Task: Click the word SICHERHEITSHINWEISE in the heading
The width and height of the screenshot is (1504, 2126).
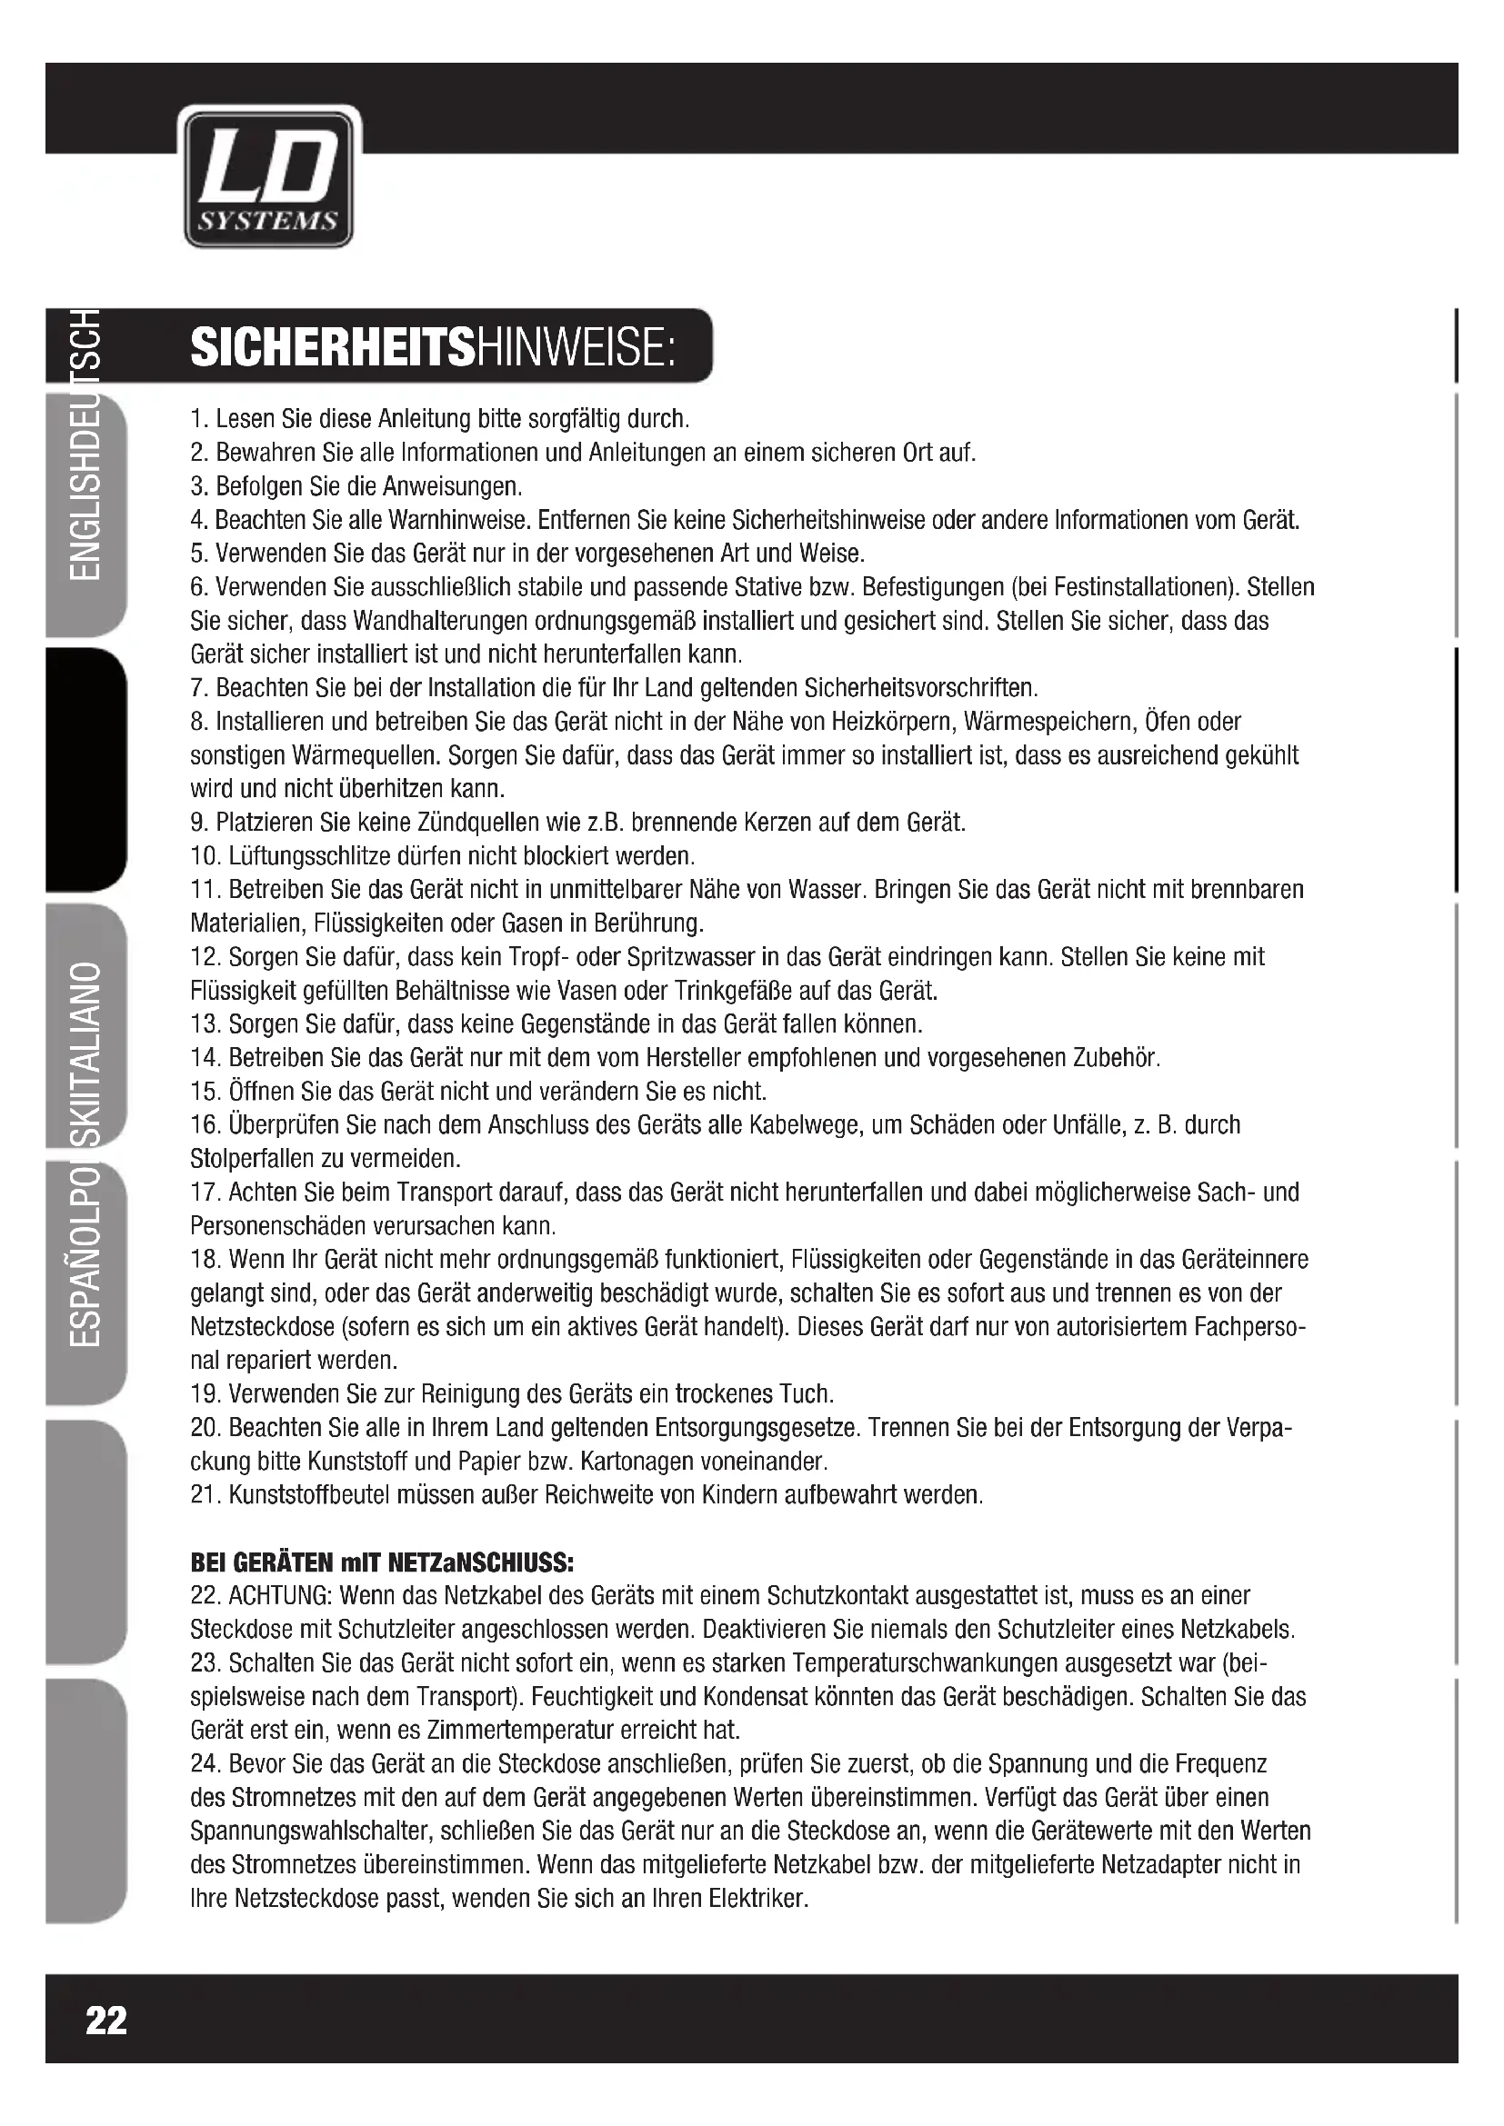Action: coord(434,348)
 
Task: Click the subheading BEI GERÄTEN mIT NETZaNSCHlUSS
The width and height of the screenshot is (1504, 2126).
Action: coord(382,1563)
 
